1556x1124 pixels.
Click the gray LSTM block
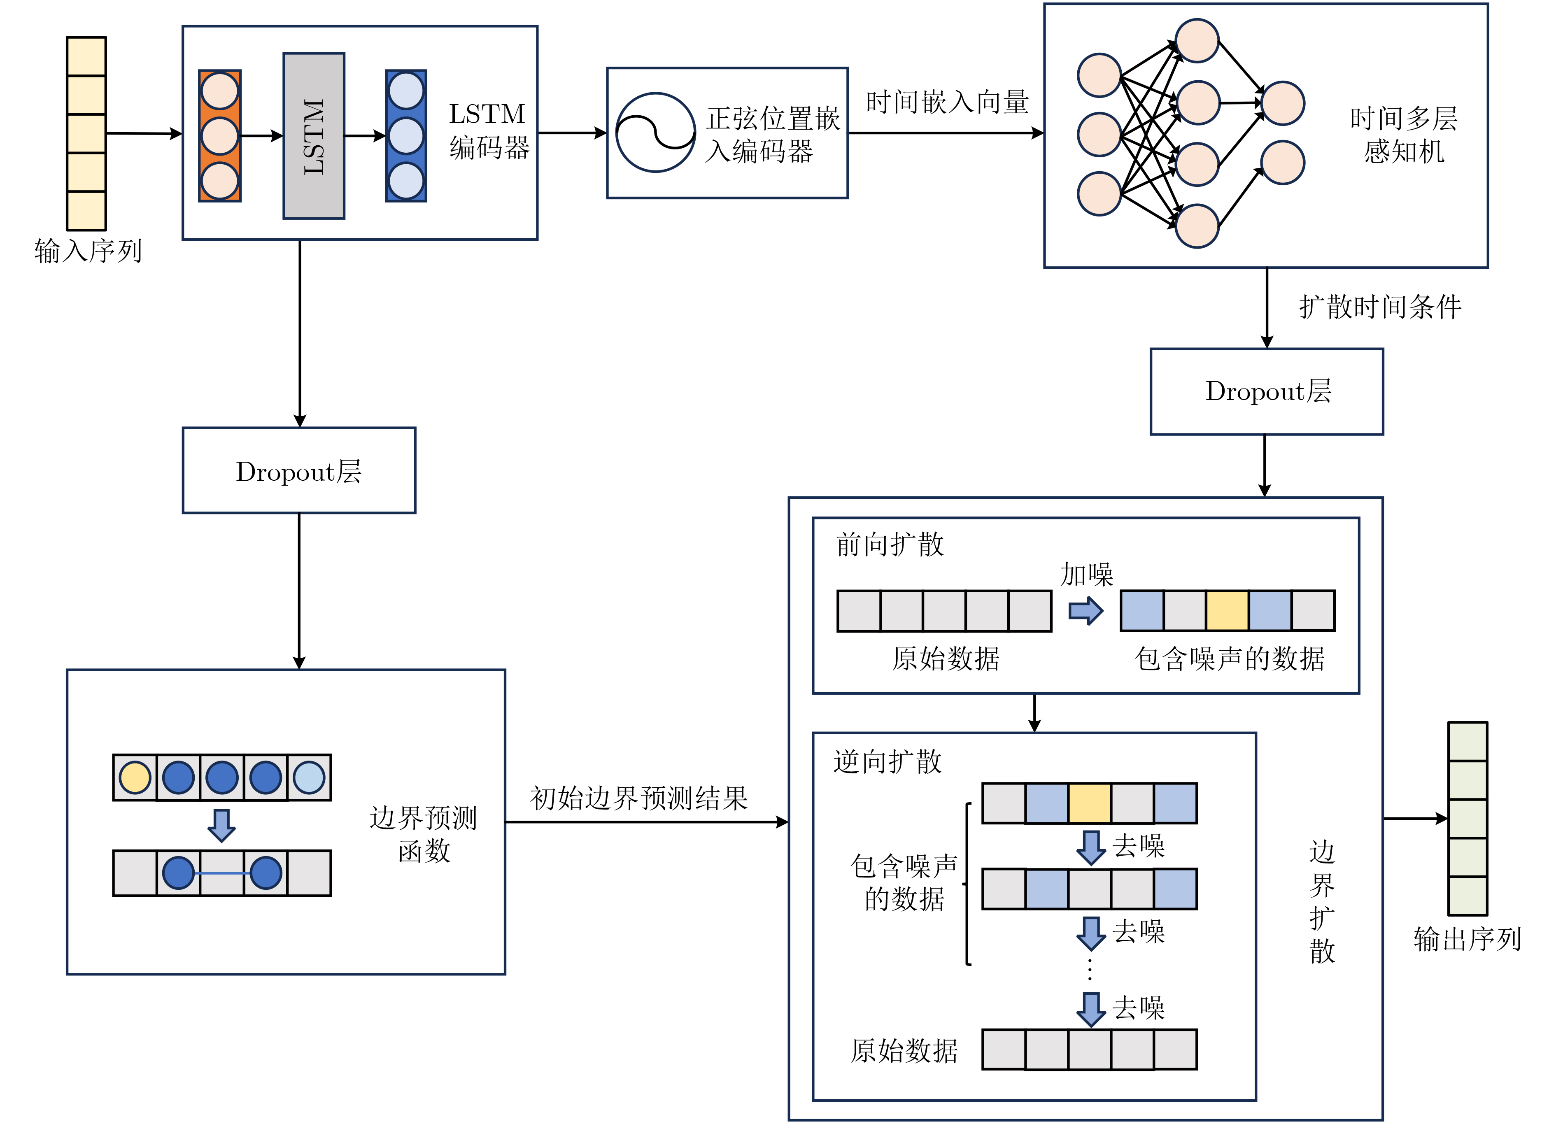(314, 136)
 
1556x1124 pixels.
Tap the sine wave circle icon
(655, 133)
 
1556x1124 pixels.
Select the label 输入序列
(88, 251)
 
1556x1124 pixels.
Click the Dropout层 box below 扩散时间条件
(1267, 391)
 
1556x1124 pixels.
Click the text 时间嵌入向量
(947, 102)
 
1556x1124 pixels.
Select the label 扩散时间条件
(1380, 307)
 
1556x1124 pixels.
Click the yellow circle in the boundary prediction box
(135, 778)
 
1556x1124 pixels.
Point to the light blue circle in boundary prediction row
(309, 778)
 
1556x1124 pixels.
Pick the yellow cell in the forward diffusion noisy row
(1227, 610)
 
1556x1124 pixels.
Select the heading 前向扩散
(890, 545)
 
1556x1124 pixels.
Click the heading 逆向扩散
(888, 762)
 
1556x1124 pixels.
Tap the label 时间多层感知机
(1404, 135)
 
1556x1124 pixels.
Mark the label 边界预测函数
(423, 834)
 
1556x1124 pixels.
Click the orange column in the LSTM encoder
(219, 136)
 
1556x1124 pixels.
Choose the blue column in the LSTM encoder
(406, 136)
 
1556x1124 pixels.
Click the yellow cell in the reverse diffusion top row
(1090, 803)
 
